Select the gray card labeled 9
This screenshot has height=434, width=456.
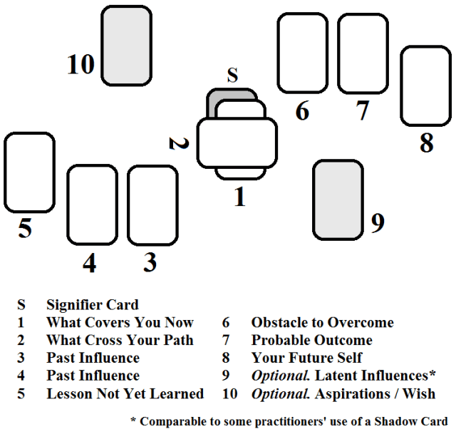point(338,200)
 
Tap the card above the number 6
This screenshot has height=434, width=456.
point(302,53)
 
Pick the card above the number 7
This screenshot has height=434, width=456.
point(363,53)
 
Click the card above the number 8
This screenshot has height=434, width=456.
point(425,86)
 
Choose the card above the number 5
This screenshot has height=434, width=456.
point(30,172)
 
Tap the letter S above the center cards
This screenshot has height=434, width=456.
point(232,76)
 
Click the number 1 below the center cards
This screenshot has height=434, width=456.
point(240,196)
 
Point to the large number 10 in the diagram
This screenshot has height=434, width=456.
point(81,65)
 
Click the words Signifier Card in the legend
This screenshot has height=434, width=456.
point(93,305)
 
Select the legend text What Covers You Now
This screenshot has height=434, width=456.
point(120,323)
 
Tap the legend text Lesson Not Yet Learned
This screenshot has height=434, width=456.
point(125,394)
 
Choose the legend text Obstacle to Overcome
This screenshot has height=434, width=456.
point(322,323)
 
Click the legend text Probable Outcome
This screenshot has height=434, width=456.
point(311,341)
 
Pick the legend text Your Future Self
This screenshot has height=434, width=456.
point(306,358)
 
